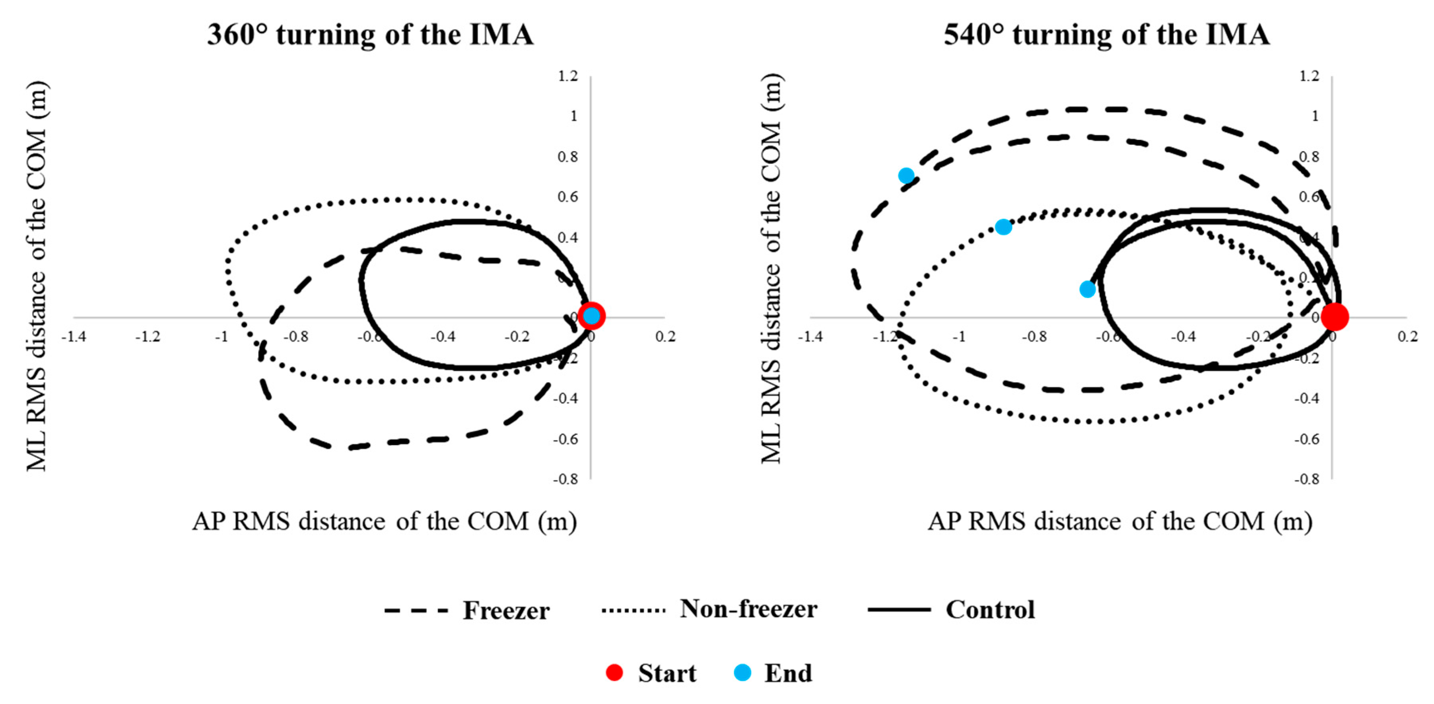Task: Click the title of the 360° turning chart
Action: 370,35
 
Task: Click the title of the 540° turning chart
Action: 1107,35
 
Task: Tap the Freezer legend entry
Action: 505,611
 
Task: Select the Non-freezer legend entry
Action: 748,609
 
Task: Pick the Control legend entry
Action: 990,610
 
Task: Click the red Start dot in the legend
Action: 614,673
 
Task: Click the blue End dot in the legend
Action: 742,673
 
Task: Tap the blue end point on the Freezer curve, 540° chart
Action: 906,176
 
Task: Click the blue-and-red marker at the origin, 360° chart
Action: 592,316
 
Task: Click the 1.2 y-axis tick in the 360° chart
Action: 568,76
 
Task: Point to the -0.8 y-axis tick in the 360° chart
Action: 565,479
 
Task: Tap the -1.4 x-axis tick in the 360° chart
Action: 74,336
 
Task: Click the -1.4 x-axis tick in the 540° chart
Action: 810,336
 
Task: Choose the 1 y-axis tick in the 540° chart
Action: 1315,116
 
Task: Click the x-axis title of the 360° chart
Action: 384,522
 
